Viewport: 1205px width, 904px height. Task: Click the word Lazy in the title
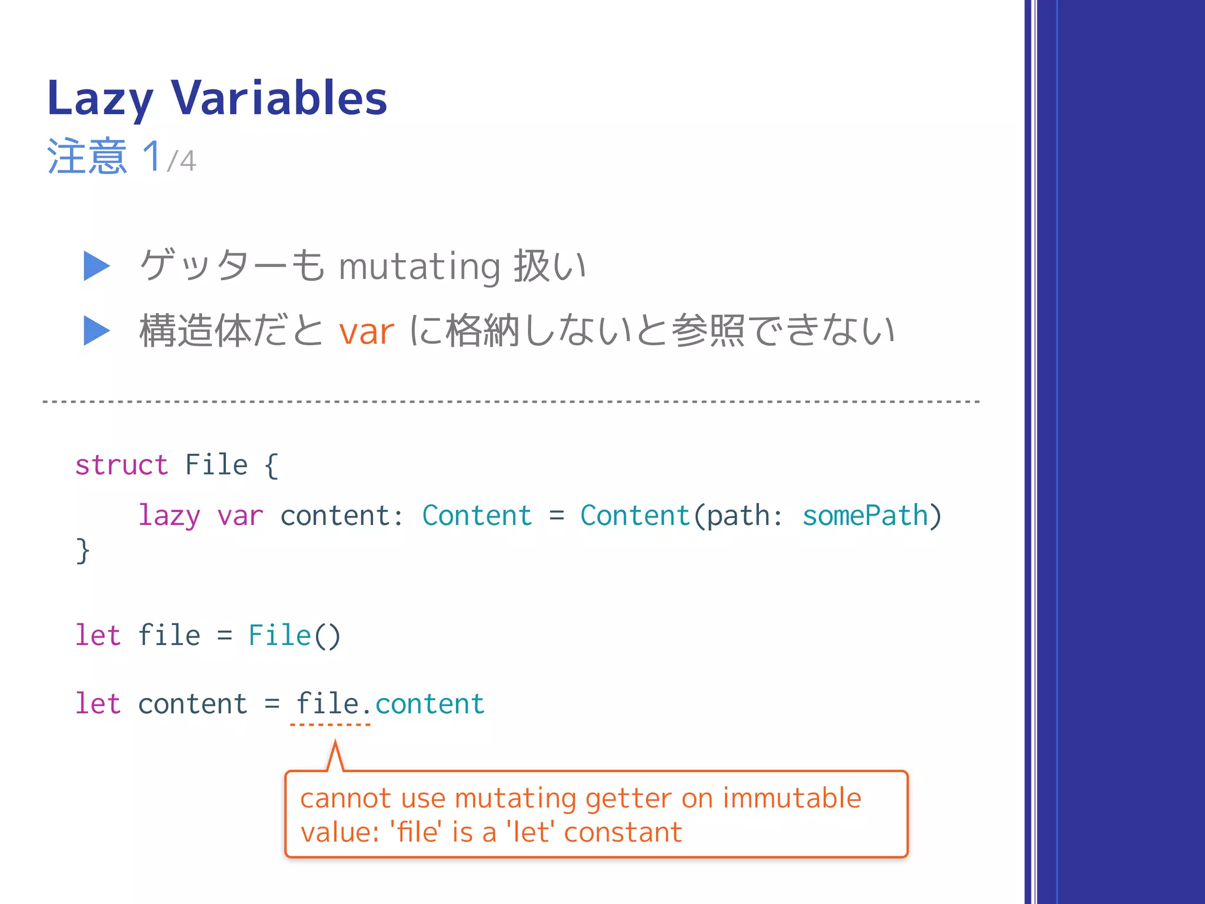pos(100,99)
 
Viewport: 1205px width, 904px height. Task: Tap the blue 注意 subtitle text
pos(87,157)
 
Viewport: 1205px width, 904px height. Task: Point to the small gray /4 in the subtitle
pos(181,161)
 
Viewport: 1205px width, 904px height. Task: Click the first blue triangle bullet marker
pos(96,266)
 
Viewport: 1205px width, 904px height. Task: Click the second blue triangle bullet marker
pos(96,331)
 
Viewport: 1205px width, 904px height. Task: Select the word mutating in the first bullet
pos(420,267)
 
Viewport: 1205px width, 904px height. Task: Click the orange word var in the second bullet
pos(366,332)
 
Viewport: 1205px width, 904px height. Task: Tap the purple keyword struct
pos(122,466)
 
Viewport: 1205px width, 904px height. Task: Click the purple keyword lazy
pos(169,516)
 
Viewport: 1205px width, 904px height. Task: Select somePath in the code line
pos(865,516)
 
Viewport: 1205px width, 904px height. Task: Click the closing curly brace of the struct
pos(83,551)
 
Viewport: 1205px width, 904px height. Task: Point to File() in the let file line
pos(294,636)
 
